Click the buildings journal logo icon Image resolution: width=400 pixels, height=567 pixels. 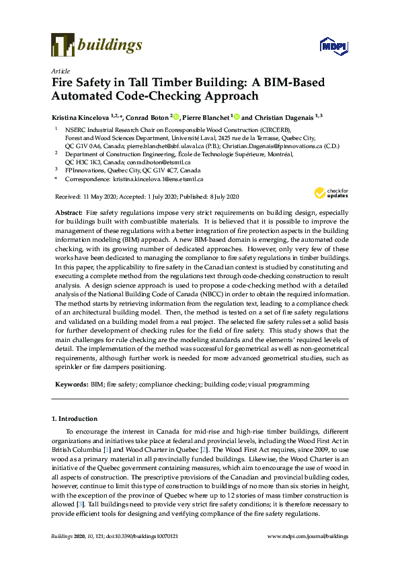coord(63,44)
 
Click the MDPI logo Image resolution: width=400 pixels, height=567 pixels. coord(329,46)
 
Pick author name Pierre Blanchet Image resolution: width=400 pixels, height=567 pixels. coord(206,116)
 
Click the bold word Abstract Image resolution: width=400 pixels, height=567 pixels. coord(69,212)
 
